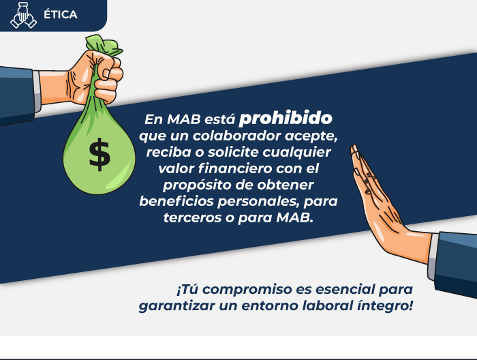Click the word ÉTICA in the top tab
click(x=61, y=14)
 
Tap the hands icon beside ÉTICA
click(x=23, y=15)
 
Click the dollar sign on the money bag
click(x=99, y=154)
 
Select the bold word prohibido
click(x=286, y=118)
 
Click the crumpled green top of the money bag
click(x=104, y=45)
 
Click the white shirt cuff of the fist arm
click(x=37, y=91)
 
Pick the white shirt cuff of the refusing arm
click(x=433, y=256)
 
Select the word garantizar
click(x=177, y=306)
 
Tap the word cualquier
click(x=297, y=153)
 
